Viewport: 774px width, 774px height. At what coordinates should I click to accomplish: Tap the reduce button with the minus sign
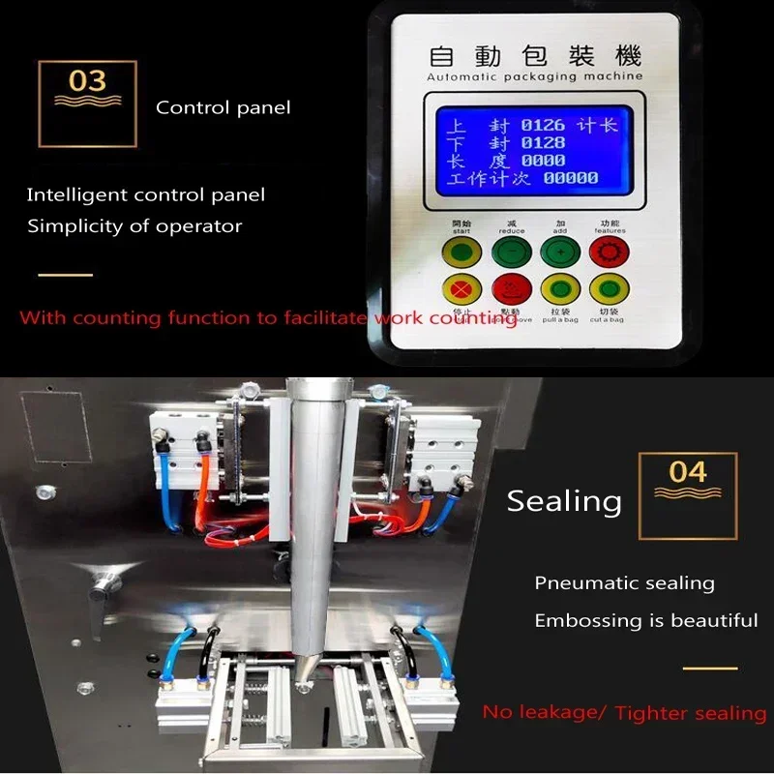[512, 253]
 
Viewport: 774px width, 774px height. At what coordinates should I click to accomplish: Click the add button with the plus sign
[559, 253]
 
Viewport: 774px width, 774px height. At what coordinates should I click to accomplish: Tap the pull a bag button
[559, 288]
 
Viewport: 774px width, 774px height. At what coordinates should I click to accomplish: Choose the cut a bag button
[609, 288]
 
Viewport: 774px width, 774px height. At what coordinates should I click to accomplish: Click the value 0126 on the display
[543, 126]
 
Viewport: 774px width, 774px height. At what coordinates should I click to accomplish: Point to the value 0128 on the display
[543, 144]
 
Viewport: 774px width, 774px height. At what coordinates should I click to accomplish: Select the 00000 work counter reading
[570, 179]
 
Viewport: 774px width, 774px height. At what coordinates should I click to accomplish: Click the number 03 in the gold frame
[87, 81]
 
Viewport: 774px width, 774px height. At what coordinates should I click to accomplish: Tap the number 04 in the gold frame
[688, 472]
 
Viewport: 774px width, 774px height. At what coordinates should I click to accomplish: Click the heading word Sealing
[564, 501]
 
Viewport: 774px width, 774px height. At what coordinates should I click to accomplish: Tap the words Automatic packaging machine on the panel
[534, 75]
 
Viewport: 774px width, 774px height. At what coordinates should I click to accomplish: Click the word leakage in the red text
[552, 713]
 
